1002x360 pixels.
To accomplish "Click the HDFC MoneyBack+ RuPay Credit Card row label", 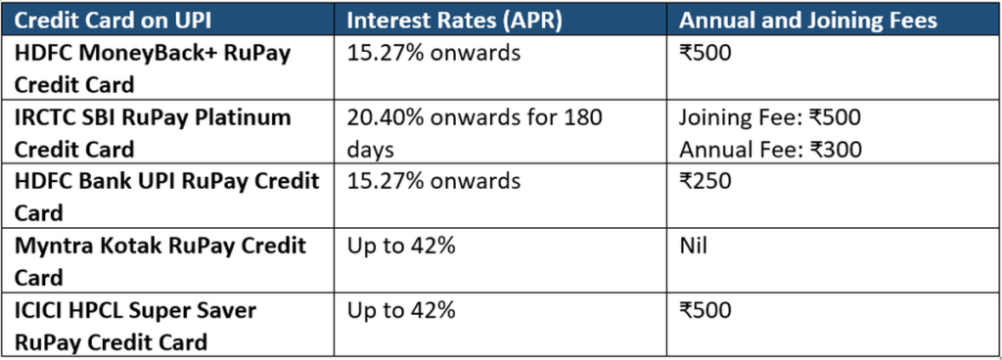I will click(x=153, y=67).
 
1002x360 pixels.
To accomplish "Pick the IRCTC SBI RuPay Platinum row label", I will click(x=153, y=133).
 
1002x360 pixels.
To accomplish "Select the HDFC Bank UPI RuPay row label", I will click(x=166, y=197).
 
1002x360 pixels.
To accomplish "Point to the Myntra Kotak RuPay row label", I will click(x=159, y=260).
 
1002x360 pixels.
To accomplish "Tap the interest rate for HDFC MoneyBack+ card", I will click(x=433, y=53).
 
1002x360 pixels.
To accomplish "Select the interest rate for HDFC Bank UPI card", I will click(x=433, y=182).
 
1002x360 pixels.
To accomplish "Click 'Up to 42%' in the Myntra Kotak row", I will click(x=401, y=246).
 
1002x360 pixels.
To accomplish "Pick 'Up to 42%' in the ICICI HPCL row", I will click(x=401, y=310).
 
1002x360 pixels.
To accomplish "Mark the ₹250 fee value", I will click(x=704, y=182).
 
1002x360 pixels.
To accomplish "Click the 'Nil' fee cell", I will click(x=693, y=246).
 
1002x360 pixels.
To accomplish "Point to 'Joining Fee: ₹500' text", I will click(x=769, y=118).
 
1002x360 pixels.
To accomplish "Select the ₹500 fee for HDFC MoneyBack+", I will click(x=705, y=53).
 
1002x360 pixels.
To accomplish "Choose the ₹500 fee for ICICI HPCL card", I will click(x=705, y=310).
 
